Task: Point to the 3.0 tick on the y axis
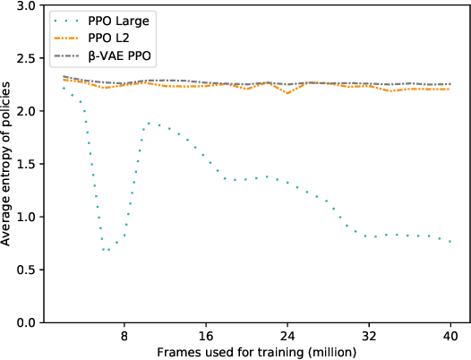[x=27, y=6]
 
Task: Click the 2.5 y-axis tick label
[x=27, y=59]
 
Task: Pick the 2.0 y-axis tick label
[x=27, y=112]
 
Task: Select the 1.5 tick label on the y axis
[x=27, y=165]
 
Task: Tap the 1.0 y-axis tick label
[x=27, y=218]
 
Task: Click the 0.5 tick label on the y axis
[x=27, y=270]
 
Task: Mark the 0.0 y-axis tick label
[x=27, y=322]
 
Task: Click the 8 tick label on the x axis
[x=124, y=336]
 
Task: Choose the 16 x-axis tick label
[x=206, y=336]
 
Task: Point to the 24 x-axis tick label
[x=287, y=336]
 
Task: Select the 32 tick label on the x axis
[x=368, y=336]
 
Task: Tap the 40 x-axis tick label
[x=449, y=336]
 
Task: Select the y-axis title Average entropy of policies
[x=8, y=165]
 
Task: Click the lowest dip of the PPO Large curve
[x=106, y=250]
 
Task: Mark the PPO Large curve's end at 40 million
[x=449, y=242]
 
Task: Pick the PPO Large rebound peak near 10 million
[x=148, y=124]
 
